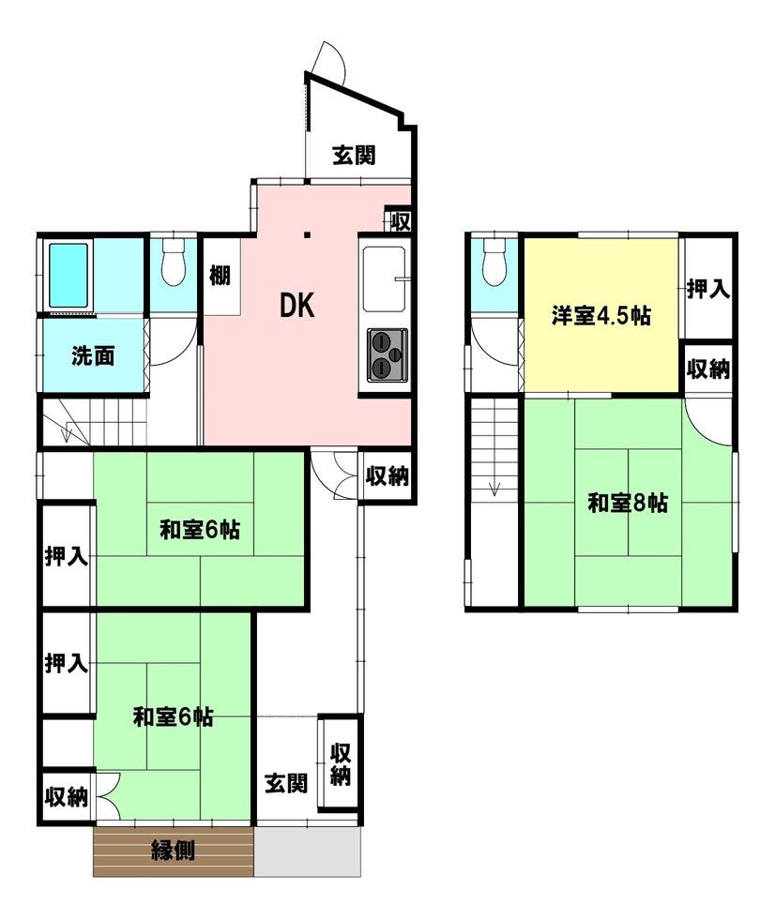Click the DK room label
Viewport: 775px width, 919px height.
297,306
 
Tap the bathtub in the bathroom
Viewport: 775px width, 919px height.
68,276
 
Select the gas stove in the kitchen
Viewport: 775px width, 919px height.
387,355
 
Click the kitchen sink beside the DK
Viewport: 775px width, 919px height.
385,279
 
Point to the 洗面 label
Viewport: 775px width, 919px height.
93,355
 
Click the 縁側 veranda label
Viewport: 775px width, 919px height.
173,850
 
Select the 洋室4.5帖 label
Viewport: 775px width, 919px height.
600,316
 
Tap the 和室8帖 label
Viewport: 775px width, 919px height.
628,503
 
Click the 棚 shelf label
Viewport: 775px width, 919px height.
220,274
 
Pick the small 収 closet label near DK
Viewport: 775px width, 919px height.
401,222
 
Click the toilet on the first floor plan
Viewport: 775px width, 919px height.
173,264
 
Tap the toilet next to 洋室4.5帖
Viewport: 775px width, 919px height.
494,264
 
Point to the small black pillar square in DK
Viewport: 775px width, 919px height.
307,235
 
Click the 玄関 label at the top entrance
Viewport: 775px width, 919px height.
354,156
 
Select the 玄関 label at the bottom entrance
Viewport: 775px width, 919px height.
286,783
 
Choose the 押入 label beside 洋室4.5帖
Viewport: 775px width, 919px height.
708,289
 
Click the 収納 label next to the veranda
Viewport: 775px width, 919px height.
67,797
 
